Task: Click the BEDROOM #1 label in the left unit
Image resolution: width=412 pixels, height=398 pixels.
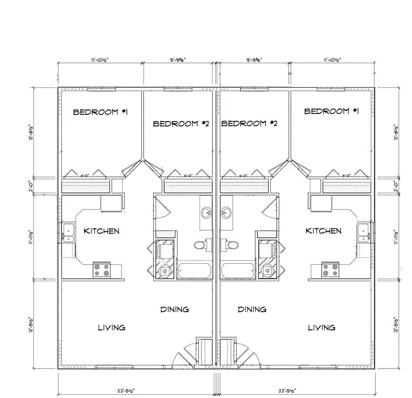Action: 101,112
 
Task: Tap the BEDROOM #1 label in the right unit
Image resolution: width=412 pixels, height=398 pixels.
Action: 331,111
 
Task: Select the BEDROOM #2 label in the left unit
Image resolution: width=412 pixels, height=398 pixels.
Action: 181,123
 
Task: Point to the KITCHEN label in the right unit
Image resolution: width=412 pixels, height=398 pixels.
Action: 324,231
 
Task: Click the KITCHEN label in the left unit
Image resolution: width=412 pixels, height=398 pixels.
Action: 102,231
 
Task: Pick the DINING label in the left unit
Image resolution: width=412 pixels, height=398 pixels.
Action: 175,309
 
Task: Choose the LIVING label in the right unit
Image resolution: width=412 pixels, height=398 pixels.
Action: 321,327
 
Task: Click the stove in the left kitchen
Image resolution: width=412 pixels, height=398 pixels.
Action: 102,270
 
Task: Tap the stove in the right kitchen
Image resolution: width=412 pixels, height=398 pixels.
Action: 330,270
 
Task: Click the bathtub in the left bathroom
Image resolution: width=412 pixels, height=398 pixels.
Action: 194,271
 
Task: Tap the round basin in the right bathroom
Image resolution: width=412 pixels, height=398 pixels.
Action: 225,213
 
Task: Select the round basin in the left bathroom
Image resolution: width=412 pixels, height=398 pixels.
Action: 206,213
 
